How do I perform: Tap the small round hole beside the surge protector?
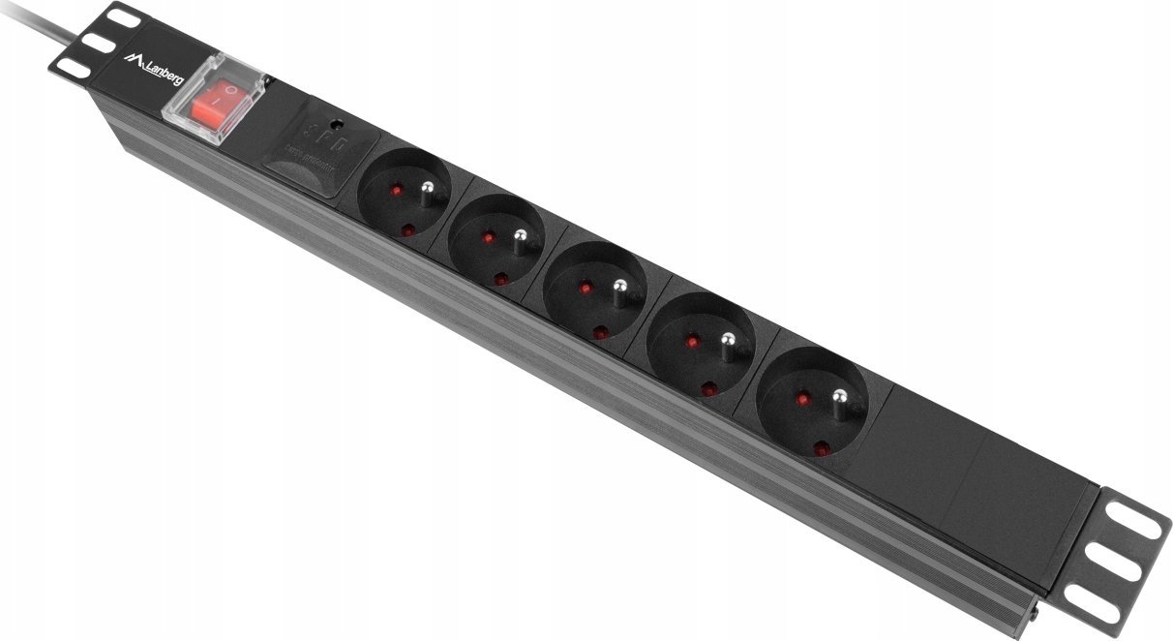point(336,125)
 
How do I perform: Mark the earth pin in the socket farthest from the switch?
point(839,395)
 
